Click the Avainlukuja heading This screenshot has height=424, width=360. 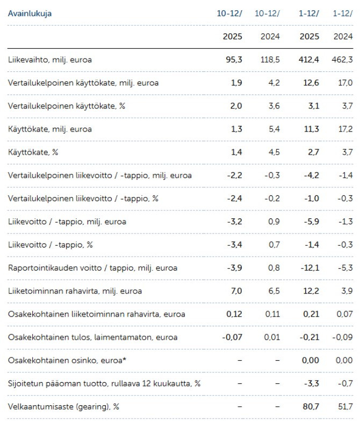click(30, 13)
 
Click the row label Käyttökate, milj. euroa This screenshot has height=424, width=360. click(50, 129)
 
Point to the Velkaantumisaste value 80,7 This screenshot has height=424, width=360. click(310, 407)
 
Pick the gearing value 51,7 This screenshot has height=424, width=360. click(344, 407)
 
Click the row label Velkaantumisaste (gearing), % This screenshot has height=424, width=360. click(63, 407)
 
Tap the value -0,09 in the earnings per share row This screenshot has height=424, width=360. click(341, 337)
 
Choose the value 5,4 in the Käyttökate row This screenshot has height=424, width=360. click(273, 129)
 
